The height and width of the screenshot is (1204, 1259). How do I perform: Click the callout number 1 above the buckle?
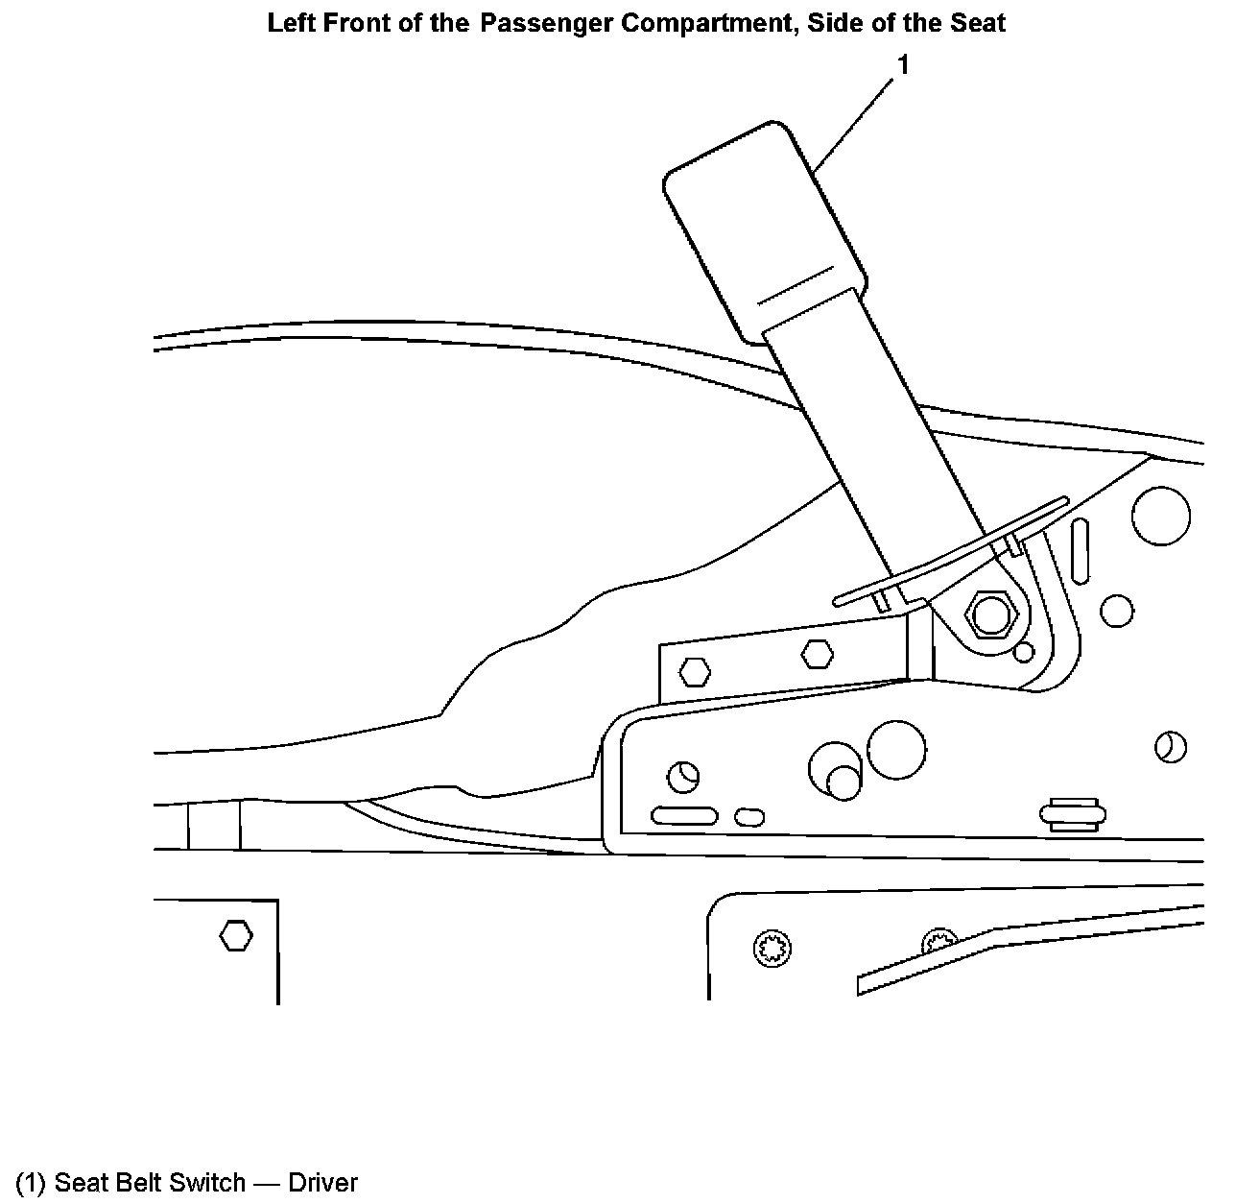point(902,65)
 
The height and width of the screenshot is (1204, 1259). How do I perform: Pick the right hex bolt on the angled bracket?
point(816,654)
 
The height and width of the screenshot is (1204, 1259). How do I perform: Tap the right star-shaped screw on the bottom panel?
point(938,945)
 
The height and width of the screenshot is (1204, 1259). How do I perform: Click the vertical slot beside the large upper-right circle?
point(1081,551)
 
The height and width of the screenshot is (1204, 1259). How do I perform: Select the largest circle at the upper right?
point(1160,515)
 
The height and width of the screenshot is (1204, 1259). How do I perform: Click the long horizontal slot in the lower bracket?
point(683,817)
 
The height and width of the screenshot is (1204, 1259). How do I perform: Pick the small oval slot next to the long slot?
point(749,817)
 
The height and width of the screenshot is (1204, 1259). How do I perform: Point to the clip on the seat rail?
point(1072,814)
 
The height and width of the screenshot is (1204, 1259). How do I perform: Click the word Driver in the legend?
point(322,1182)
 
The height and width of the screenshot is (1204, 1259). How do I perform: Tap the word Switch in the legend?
point(207,1182)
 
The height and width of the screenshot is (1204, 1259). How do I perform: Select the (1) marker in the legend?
point(32,1182)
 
